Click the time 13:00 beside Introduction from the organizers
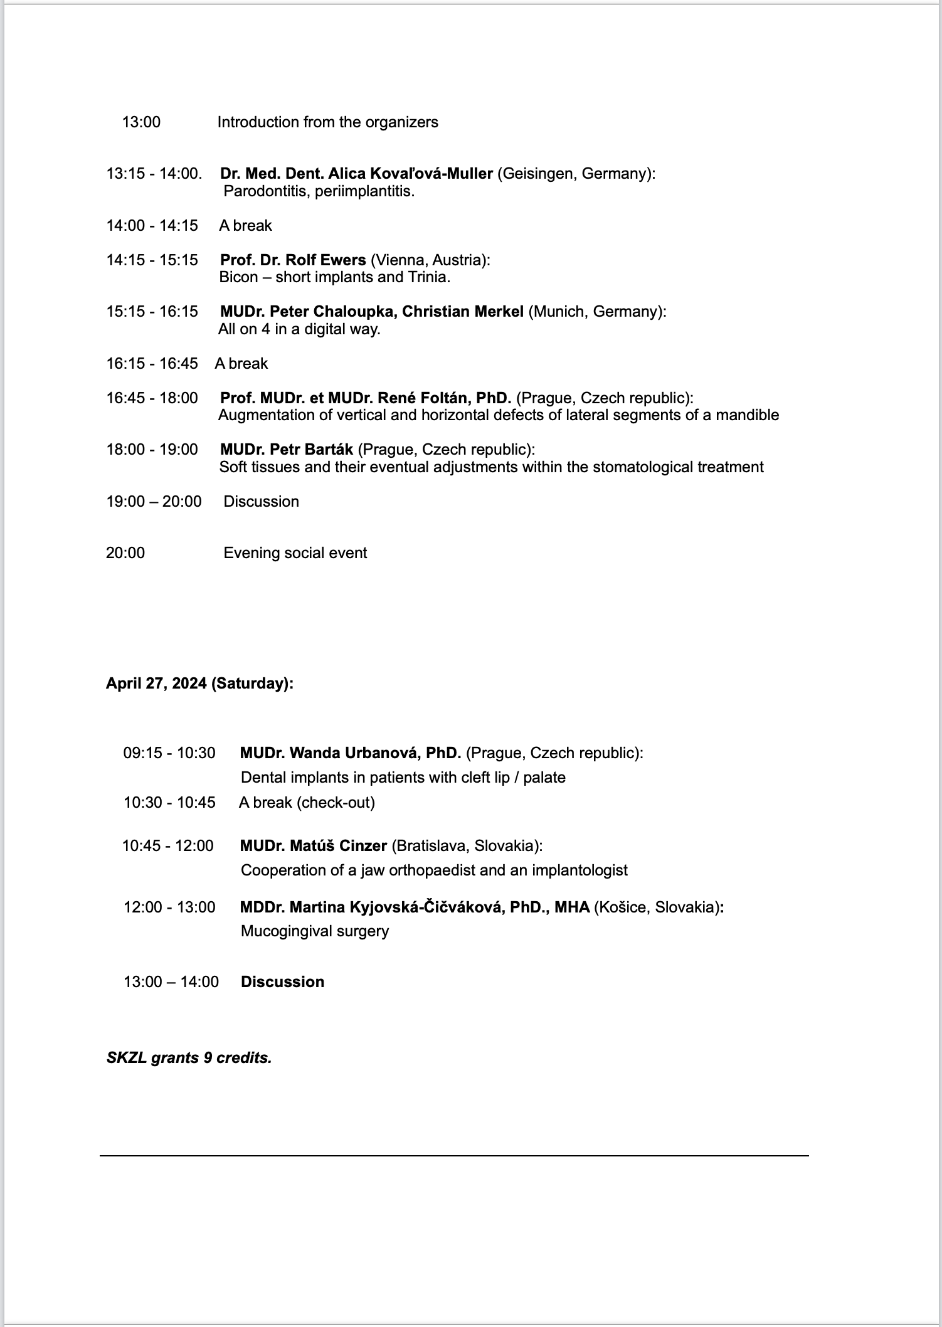141,122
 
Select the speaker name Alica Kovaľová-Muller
410,174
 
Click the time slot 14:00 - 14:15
152,226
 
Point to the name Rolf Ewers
325,260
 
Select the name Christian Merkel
463,312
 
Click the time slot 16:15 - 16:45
152,364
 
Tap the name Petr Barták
311,450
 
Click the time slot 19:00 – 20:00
154,502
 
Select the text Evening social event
295,553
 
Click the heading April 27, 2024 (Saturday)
199,684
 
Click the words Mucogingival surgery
315,931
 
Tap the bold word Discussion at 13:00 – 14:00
282,982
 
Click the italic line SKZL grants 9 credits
189,1059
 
